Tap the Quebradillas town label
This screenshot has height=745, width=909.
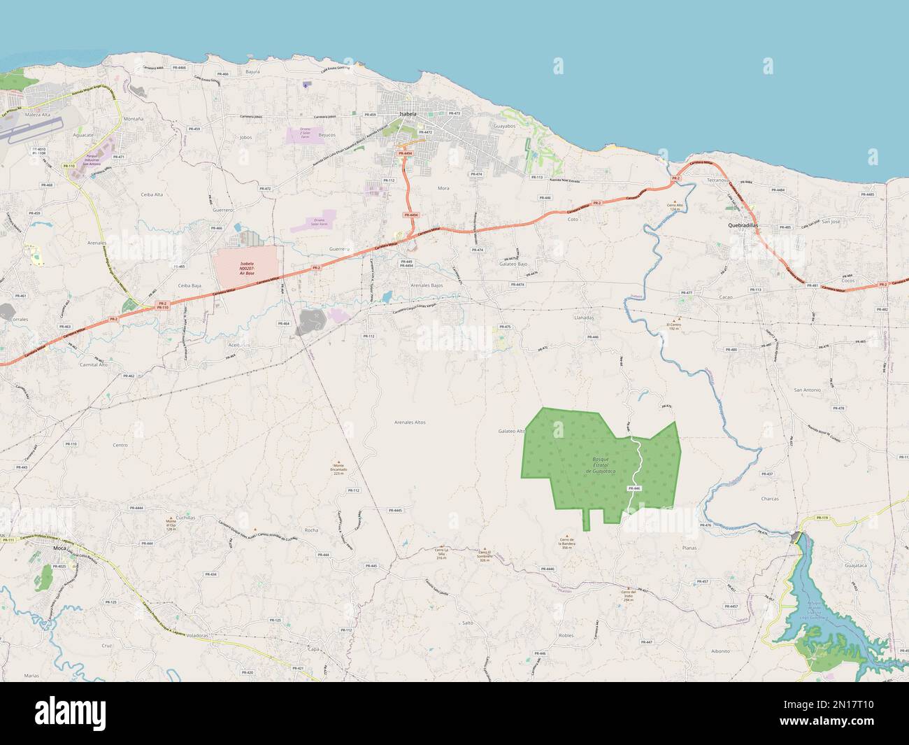pos(743,226)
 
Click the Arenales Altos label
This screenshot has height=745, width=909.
pos(410,423)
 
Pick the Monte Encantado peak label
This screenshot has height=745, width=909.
pos(338,469)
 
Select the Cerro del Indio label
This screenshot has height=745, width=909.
pos(627,596)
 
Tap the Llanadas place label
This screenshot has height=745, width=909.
pos(584,317)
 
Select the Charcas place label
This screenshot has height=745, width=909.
pos(770,499)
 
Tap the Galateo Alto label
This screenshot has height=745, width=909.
pos(512,432)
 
